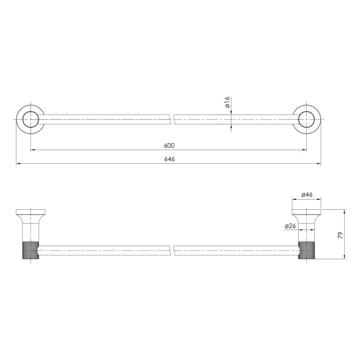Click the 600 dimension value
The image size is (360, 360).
169,145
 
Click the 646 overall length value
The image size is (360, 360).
169,159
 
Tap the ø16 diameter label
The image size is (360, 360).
227,102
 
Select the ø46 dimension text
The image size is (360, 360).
307,194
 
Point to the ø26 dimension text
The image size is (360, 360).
290,226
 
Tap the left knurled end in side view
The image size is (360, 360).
31,250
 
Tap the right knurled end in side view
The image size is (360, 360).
307,250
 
